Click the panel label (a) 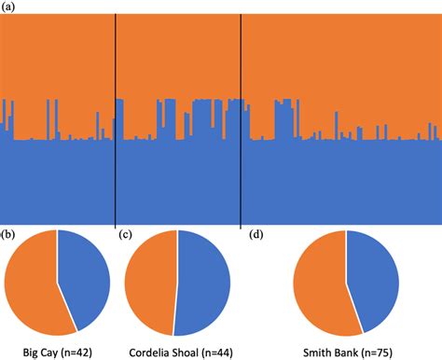point(8,7)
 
